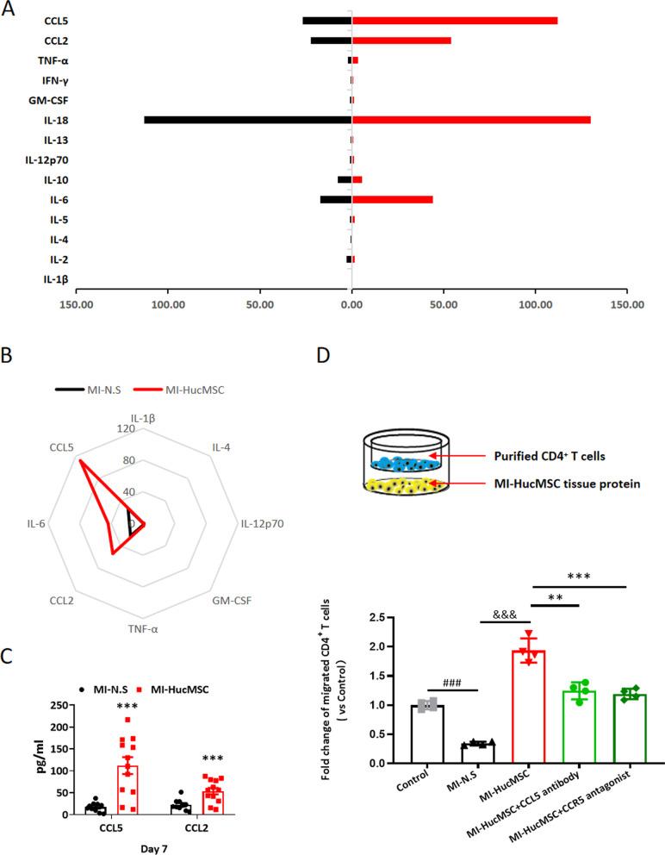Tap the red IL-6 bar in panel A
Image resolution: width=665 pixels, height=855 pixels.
pyautogui.click(x=392, y=199)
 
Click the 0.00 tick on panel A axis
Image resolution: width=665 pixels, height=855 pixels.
pyautogui.click(x=351, y=305)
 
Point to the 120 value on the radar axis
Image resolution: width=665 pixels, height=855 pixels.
pyautogui.click(x=131, y=428)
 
